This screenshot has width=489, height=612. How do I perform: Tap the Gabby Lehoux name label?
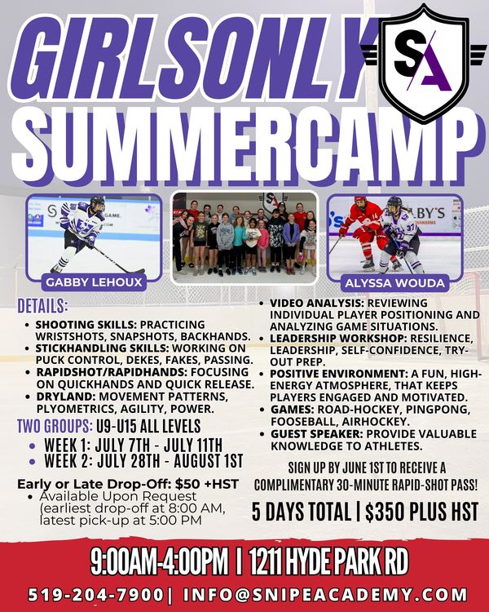tap(94, 282)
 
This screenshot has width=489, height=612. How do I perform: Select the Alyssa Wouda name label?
tap(394, 282)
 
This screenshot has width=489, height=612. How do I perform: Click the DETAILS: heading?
tap(42, 306)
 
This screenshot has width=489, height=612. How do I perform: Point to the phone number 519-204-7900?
tap(96, 594)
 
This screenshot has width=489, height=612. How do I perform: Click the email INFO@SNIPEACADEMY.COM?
tap(325, 594)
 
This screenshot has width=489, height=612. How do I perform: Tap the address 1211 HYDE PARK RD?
tap(328, 561)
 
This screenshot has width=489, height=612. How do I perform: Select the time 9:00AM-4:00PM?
tap(159, 561)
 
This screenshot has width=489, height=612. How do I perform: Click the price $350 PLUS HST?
tap(421, 512)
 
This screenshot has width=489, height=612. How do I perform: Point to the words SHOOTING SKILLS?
tap(86, 325)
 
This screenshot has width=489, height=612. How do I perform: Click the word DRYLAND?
tap(66, 397)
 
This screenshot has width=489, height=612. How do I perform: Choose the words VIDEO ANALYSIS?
tap(317, 303)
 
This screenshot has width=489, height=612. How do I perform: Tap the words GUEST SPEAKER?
tap(317, 434)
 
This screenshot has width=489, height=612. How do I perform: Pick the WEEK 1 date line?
tap(133, 445)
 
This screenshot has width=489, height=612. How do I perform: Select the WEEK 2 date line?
tap(143, 461)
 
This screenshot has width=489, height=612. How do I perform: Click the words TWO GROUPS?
tap(55, 426)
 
